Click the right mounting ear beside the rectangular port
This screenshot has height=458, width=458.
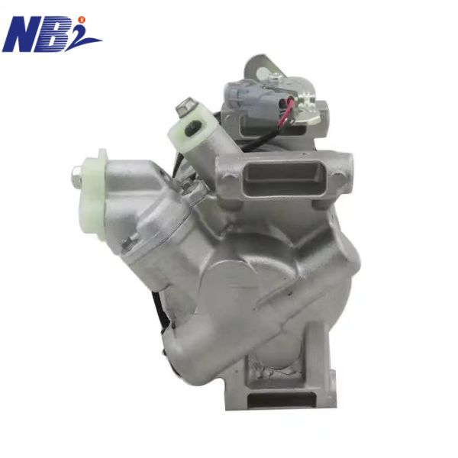[x=340, y=163]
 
